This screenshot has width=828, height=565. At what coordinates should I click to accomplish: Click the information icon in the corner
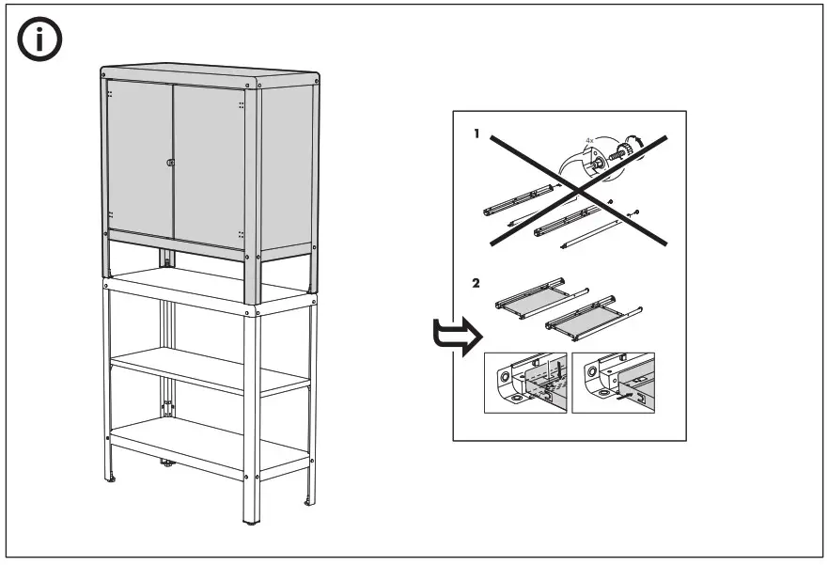40,40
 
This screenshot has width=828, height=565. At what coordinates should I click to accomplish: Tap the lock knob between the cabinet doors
171,165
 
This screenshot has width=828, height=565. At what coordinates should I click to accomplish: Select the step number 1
476,134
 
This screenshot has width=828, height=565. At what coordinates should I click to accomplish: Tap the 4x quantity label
590,140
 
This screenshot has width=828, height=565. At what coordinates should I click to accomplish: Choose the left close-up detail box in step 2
524,383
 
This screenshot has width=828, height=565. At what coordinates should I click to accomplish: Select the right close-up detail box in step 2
612,383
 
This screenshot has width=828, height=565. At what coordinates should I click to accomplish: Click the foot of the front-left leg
113,479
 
